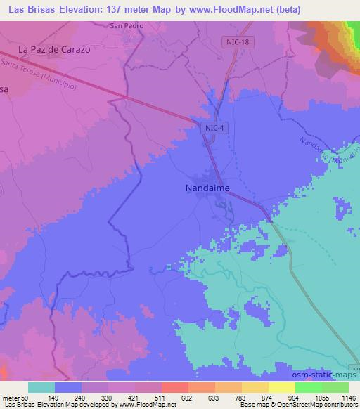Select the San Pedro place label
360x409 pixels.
[x=127, y=26]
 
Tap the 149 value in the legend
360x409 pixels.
[x=70, y=398]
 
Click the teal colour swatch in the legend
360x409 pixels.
[x=41, y=387]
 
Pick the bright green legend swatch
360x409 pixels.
[x=309, y=387]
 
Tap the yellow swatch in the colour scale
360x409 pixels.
[x=282, y=387]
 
